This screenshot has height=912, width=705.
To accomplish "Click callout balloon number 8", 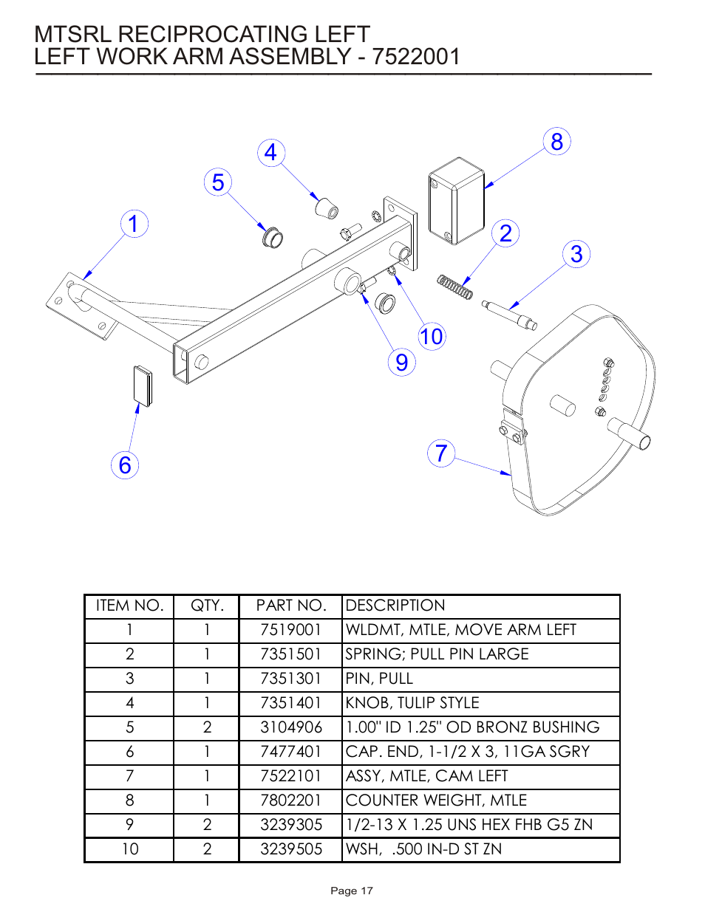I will [x=557, y=142].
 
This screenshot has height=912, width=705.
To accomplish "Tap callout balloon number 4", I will [x=271, y=153].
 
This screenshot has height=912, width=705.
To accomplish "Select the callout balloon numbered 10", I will [x=432, y=337].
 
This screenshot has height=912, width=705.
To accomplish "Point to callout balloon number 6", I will [x=125, y=465].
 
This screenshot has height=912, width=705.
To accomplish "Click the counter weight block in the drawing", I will [x=456, y=201].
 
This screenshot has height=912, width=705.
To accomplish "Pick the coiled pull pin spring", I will [x=454, y=287].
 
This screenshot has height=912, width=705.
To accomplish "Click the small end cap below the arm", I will [x=142, y=385].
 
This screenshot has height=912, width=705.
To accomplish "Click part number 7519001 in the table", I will [x=290, y=630].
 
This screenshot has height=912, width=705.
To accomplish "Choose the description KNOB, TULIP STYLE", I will [x=412, y=703].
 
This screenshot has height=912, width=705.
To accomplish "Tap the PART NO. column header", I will [x=290, y=606].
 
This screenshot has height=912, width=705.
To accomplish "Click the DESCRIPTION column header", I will [x=395, y=606].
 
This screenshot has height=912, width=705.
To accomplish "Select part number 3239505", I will [x=290, y=849].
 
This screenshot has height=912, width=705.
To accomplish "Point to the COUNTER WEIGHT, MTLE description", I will [x=436, y=800].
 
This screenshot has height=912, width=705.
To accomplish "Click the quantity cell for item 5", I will [x=207, y=727].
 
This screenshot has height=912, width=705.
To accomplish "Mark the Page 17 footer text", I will [x=352, y=891].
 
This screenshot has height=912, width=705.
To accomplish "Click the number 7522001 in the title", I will [x=416, y=57].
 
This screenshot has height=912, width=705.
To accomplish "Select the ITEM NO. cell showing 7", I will [x=129, y=776].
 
